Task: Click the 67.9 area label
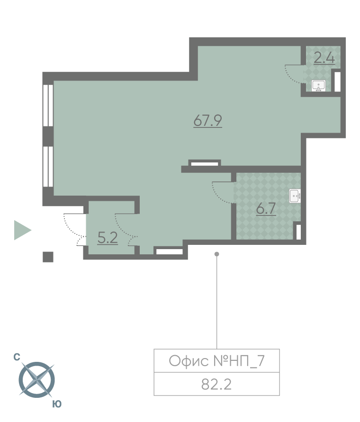(x=207, y=120)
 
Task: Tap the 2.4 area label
(x=324, y=58)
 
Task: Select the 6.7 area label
(x=266, y=208)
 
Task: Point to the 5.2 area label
(x=108, y=238)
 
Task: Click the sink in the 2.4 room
(x=318, y=86)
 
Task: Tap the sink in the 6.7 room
(x=295, y=196)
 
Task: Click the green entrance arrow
(x=23, y=230)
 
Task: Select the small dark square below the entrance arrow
(x=48, y=257)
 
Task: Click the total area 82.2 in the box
(x=216, y=385)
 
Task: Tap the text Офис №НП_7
(x=217, y=361)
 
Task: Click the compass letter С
(x=17, y=357)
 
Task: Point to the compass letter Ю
(x=57, y=404)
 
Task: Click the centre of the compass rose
(x=36, y=380)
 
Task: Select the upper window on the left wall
(x=48, y=105)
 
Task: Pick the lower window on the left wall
(x=48, y=166)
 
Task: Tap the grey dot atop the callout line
(x=217, y=254)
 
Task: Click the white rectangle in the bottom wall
(x=170, y=251)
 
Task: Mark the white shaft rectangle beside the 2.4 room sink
(x=337, y=81)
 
